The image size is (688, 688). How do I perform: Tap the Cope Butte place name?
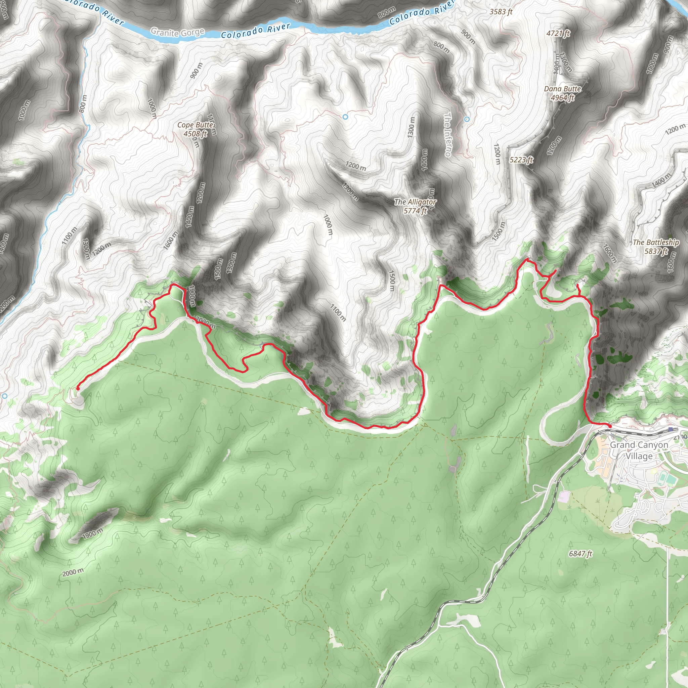coord(195,125)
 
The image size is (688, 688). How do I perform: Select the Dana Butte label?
coord(562,89)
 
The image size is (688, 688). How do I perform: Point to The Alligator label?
coord(415,202)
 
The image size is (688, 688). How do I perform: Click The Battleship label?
coord(656,242)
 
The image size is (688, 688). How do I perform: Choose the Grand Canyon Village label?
coord(639,450)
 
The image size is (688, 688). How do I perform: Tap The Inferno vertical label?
coord(448,135)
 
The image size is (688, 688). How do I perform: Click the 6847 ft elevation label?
coord(580,553)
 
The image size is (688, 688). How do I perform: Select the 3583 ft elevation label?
coord(501,12)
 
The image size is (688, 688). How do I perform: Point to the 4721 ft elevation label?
coord(558,34)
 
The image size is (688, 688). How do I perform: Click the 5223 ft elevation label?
coord(521,160)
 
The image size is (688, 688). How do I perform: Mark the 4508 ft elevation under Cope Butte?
coord(195,134)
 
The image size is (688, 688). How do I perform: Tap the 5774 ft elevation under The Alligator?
coord(415,211)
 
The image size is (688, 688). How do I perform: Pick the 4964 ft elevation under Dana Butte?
coord(562,97)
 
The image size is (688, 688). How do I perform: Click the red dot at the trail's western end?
coord(78,389)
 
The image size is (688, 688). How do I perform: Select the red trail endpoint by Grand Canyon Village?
coord(610,426)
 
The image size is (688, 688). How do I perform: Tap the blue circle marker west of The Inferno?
coord(345,117)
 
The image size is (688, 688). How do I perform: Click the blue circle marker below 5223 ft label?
coord(467,119)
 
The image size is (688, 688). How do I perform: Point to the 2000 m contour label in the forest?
coord(73,572)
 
